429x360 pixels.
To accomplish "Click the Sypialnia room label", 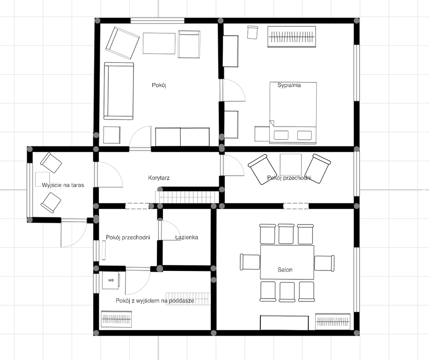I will [289, 85].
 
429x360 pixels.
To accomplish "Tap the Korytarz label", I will [158, 178].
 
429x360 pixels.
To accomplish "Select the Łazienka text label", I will [186, 237].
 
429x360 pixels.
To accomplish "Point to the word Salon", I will [285, 270].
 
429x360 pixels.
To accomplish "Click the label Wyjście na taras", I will [63, 185].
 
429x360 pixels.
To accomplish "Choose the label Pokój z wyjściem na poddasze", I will [155, 301].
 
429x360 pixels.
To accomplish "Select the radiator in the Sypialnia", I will [291, 37].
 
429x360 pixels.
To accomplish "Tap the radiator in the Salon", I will [333, 321].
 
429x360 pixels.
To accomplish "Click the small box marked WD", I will [111, 280].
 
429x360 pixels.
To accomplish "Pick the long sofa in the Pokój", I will [118, 91].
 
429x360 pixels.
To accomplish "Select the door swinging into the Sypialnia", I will [233, 90].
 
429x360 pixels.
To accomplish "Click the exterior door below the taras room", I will [73, 233].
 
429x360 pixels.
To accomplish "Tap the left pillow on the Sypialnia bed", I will [281, 135].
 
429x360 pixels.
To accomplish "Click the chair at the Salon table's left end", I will [250, 262].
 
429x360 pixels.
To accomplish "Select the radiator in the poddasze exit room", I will [116, 320].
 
